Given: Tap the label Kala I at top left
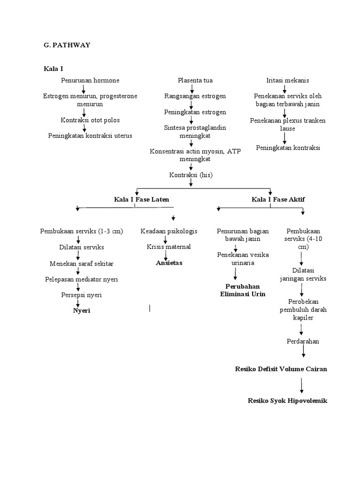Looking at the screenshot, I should (53, 69).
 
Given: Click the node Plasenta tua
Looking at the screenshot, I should (192, 81).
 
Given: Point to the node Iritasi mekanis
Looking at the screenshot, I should (287, 81).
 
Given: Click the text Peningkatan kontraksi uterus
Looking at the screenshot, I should (90, 135).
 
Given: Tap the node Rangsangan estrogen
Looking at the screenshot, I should (195, 96).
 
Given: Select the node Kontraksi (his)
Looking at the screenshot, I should (191, 175).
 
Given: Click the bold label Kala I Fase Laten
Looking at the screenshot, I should (142, 199).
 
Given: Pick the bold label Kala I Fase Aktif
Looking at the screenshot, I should (278, 199).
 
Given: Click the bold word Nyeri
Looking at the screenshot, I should (82, 311).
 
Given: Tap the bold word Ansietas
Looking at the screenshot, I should (169, 262).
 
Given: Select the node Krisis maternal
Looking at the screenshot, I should (168, 247).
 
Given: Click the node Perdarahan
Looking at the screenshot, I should (303, 341).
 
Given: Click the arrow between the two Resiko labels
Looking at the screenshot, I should (302, 385).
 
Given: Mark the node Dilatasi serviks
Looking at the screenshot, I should (82, 247).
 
